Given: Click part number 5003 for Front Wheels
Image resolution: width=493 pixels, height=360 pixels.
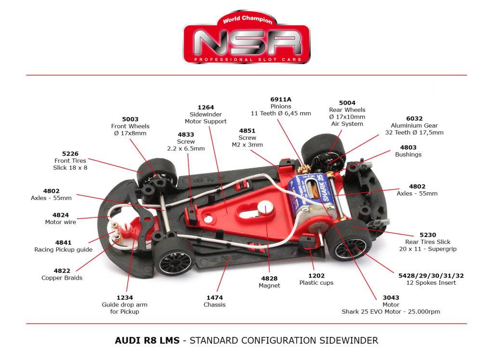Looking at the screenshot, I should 130,119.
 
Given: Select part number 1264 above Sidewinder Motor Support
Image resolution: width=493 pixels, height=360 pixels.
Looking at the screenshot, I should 206,107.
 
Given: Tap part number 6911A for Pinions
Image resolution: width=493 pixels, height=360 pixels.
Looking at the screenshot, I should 281,99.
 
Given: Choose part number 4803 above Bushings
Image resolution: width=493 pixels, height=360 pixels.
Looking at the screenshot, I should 408,147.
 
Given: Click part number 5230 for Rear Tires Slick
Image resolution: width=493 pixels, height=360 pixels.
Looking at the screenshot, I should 428,235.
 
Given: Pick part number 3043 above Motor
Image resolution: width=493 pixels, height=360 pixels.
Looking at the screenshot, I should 390,297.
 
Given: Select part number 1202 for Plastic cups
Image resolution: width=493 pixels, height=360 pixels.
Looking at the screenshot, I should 316,276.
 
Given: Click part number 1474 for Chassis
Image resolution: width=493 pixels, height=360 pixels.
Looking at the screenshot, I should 214,297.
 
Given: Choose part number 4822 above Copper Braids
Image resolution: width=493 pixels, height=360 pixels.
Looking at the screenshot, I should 62,271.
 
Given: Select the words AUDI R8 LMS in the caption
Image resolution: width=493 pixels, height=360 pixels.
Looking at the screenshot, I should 147,340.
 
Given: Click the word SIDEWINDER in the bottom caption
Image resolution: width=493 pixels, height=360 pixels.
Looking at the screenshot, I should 349,340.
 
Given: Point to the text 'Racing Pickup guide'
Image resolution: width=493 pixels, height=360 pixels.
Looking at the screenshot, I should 63,250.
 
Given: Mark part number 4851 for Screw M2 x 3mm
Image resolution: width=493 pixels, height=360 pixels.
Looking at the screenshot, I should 248,131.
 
